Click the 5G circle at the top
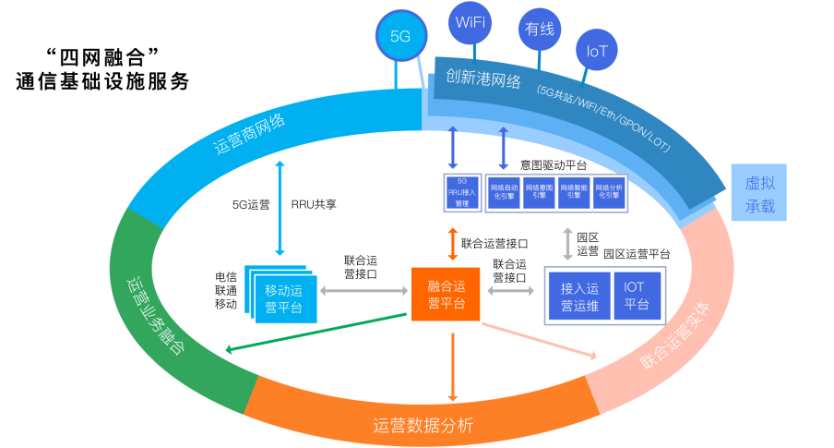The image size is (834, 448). [400, 37]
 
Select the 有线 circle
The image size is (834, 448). [540, 29]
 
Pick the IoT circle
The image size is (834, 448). [597, 51]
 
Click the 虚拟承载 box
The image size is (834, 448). [759, 193]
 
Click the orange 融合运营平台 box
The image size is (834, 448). [446, 295]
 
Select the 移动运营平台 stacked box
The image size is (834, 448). [283, 295]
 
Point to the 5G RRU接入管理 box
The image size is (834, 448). [463, 192]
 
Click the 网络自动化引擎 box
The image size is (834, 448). [504, 192]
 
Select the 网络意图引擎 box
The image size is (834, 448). [539, 192]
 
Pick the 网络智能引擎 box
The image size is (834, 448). [574, 192]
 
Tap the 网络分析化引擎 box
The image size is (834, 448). [609, 192]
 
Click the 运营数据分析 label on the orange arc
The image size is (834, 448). [423, 425]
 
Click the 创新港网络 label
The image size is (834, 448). [483, 79]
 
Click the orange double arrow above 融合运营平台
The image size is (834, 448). [453, 244]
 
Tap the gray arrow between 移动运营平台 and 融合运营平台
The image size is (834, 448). [363, 291]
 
